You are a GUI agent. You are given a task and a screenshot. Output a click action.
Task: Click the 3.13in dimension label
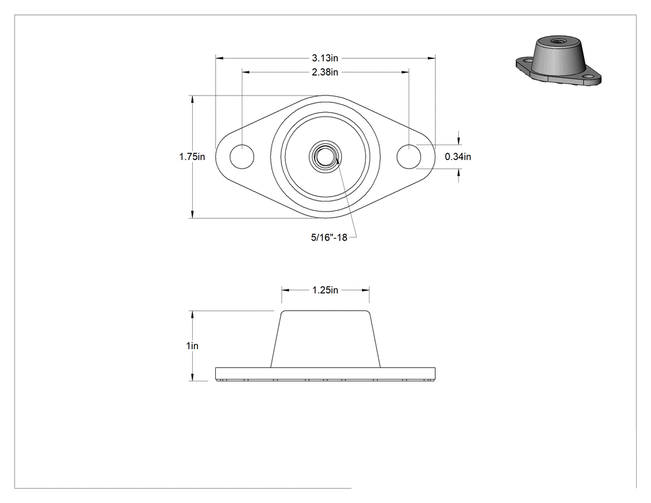[x=325, y=58]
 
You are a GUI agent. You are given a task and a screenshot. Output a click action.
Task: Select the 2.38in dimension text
[x=325, y=73]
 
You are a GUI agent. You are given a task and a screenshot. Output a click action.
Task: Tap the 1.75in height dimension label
[x=192, y=156]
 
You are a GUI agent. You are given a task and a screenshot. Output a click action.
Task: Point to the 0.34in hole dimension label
[x=458, y=156]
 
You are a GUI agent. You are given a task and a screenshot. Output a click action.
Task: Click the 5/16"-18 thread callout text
[x=329, y=238]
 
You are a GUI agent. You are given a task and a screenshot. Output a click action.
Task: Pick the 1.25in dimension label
[x=325, y=290]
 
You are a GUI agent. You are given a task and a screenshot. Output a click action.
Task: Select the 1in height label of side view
[x=192, y=345]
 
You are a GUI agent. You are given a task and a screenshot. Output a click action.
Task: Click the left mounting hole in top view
[x=242, y=156]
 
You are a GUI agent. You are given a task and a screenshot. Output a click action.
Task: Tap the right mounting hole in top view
[x=409, y=156]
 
